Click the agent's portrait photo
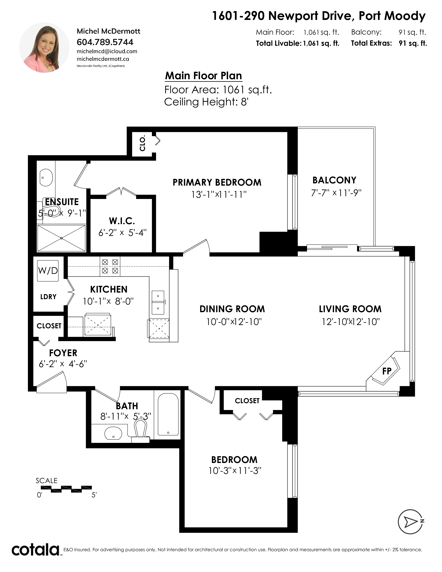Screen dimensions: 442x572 [x=44, y=47]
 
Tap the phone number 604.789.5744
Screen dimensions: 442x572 [x=105, y=42]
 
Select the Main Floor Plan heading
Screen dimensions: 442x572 [x=203, y=76]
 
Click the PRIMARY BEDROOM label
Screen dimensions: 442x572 [x=217, y=182]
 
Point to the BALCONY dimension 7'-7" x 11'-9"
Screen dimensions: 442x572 [x=336, y=193]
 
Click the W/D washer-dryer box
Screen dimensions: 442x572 [x=48, y=271]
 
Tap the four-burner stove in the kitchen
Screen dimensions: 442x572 [x=110, y=266]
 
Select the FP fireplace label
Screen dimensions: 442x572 [x=387, y=371]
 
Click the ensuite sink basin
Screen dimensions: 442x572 [x=46, y=177]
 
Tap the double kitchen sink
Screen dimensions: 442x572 [x=158, y=302]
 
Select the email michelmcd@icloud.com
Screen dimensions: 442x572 [x=107, y=51]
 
